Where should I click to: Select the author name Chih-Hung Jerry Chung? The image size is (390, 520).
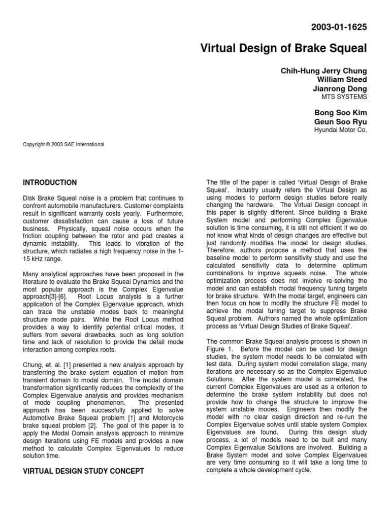click(x=323, y=71)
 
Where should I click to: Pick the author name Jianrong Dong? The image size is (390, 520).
click(x=341, y=88)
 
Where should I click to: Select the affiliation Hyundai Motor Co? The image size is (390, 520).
click(x=341, y=129)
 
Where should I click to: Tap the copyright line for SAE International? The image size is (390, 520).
click(x=63, y=144)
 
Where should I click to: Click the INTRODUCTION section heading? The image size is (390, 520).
click(x=50, y=182)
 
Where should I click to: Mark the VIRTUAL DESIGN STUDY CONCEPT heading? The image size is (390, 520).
click(x=84, y=471)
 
